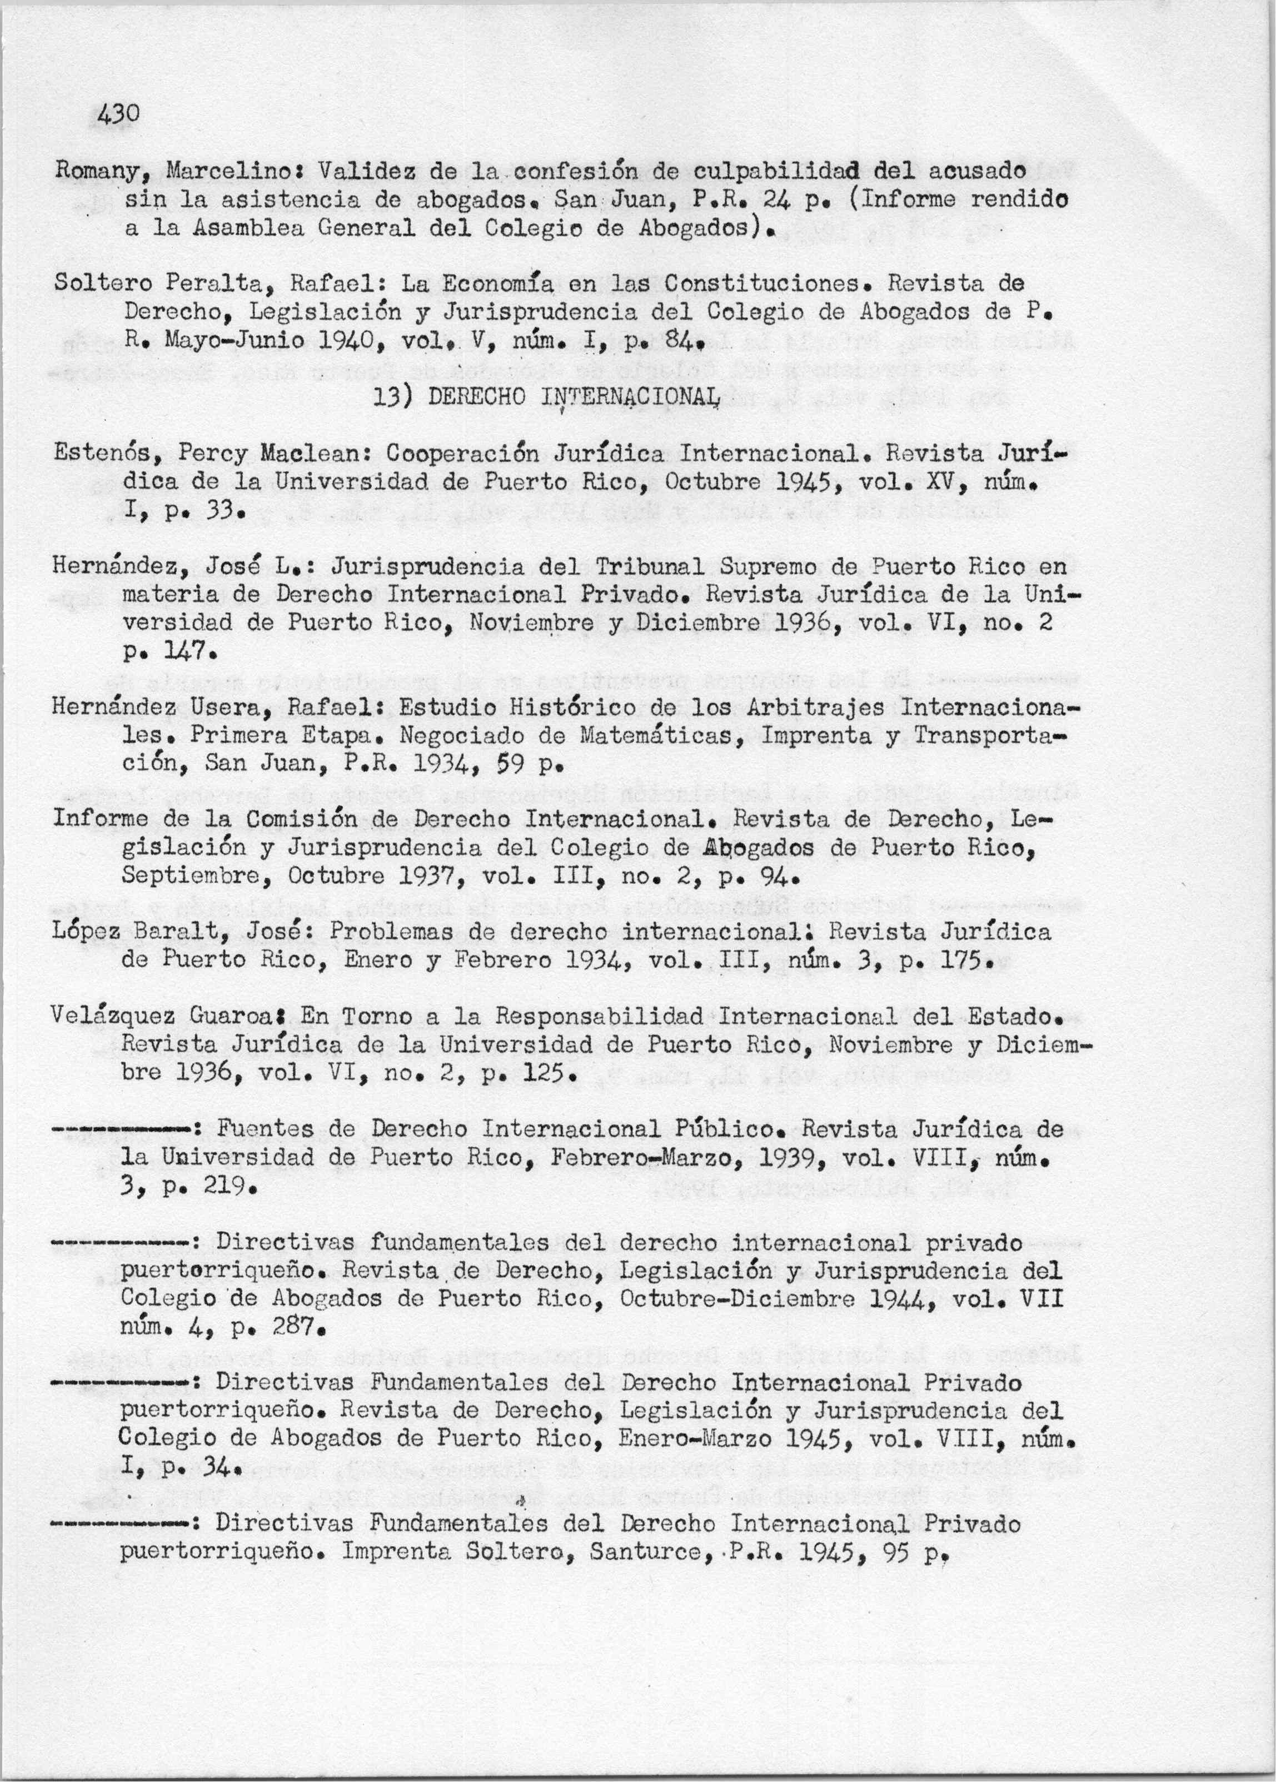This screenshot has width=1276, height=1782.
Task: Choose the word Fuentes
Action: [264, 1129]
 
